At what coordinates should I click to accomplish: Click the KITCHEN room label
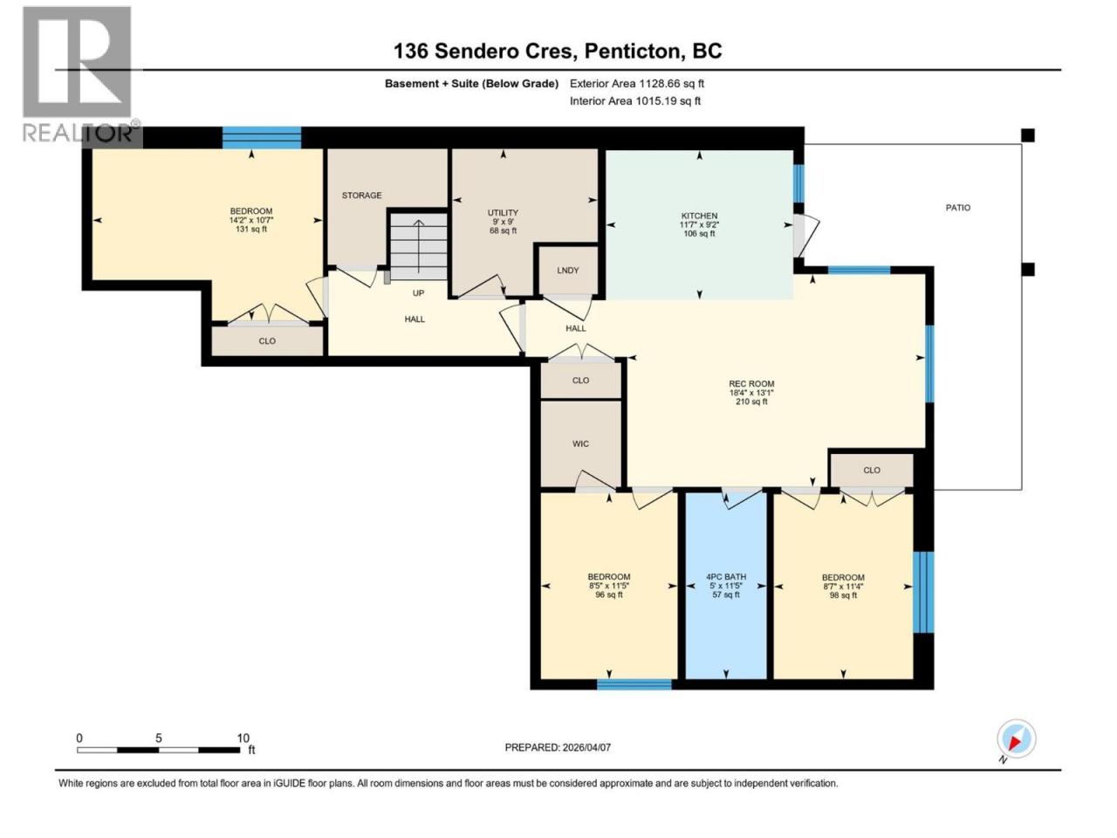pyautogui.click(x=699, y=216)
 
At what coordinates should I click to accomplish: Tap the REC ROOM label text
pyautogui.click(x=751, y=384)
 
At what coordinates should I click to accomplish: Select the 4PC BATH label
pyautogui.click(x=726, y=576)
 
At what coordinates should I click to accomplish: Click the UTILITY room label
pyautogui.click(x=503, y=213)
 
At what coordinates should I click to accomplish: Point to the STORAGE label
pyautogui.click(x=361, y=196)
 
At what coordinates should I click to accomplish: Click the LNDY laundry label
pyautogui.click(x=567, y=271)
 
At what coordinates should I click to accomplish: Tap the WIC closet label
pyautogui.click(x=580, y=443)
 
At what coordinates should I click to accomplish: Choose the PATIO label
pyautogui.click(x=957, y=208)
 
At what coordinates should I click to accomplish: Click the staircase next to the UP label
pyautogui.click(x=418, y=246)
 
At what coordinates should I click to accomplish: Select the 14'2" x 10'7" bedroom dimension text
pyautogui.click(x=250, y=220)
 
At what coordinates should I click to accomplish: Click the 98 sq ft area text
pyautogui.click(x=843, y=594)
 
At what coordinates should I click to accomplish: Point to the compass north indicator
pyautogui.click(x=1016, y=738)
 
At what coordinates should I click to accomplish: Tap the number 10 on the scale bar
pyautogui.click(x=243, y=738)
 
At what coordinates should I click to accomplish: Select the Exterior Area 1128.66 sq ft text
pyautogui.click(x=637, y=84)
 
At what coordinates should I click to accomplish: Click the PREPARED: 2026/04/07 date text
pyautogui.click(x=558, y=747)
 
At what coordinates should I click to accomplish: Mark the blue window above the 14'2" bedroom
pyautogui.click(x=262, y=137)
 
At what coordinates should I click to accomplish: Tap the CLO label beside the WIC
pyautogui.click(x=580, y=380)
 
